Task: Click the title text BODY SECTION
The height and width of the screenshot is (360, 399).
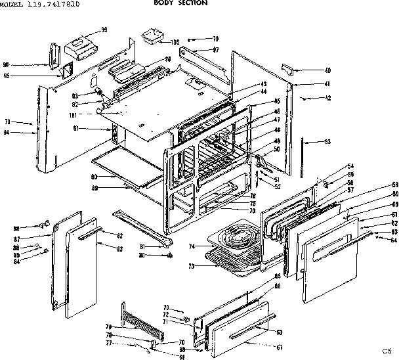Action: click(x=180, y=3)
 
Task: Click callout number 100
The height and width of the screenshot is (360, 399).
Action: click(x=175, y=43)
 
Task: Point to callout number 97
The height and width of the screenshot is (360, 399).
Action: click(x=215, y=50)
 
